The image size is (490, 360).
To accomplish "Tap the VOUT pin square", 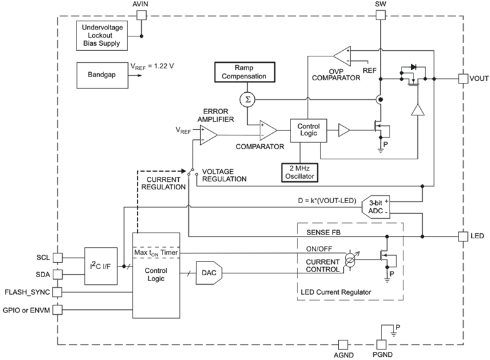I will click(x=463, y=79).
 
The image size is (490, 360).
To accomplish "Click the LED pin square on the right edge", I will click(x=463, y=236).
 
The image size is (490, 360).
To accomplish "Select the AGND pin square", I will click(x=343, y=344).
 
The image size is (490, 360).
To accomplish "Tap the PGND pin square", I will click(x=381, y=344).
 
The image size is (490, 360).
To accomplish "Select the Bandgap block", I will click(x=100, y=75).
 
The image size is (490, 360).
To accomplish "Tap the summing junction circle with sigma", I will click(x=245, y=98).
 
